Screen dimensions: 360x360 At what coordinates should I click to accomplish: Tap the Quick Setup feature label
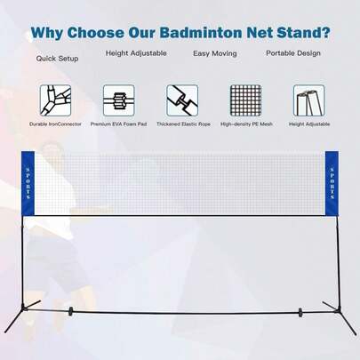tap(57, 59)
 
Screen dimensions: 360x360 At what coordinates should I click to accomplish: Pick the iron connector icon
tap(54, 99)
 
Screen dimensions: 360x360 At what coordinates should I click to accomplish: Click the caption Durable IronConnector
tap(54, 124)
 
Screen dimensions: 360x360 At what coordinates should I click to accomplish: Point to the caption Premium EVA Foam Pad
tap(118, 124)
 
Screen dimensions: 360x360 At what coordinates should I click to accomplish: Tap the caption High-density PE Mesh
tap(245, 124)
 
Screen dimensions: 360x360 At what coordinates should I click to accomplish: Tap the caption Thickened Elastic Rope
tap(181, 124)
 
